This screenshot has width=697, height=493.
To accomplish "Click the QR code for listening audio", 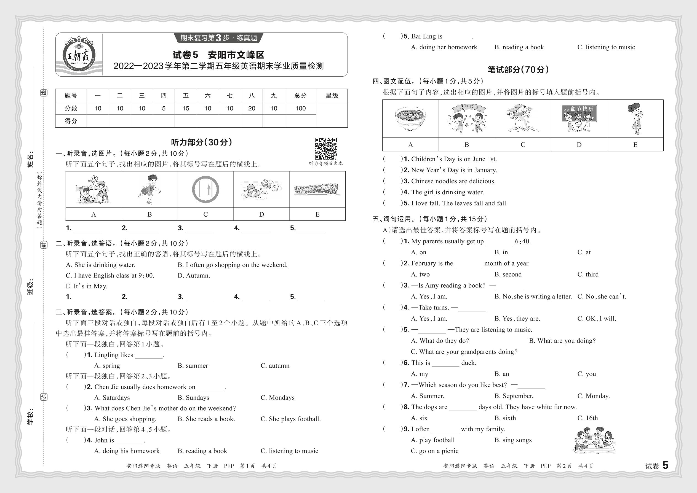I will click(x=325, y=149).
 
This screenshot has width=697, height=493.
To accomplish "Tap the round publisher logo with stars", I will click(x=79, y=55).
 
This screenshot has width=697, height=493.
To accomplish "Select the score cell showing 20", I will click(x=252, y=108).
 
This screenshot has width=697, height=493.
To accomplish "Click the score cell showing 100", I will click(x=300, y=108).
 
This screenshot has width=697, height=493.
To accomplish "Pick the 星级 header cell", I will click(x=332, y=96).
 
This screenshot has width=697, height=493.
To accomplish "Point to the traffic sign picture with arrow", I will click(x=205, y=189).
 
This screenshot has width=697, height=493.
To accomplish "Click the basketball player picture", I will click(x=149, y=189).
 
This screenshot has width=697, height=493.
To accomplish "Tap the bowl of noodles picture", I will click(x=410, y=118).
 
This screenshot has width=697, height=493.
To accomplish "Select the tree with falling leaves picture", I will click(x=523, y=118).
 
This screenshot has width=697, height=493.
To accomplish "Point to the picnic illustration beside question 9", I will click(x=594, y=440).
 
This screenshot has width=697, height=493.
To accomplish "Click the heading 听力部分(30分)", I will click(x=202, y=142).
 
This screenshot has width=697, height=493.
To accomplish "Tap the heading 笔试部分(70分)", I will click(x=518, y=69).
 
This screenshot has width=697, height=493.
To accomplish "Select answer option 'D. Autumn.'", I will click(x=194, y=276).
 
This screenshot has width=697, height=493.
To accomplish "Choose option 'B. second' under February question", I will click(x=508, y=274).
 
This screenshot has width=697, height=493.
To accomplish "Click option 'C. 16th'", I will click(x=587, y=418).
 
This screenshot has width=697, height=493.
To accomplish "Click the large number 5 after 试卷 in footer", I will click(x=665, y=465).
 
